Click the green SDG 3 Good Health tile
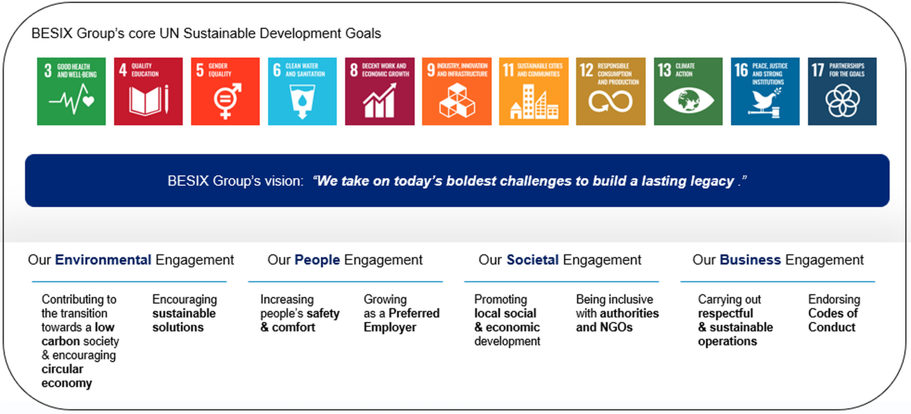(71, 91)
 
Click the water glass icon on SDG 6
(302, 101)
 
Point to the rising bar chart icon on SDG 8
(379, 100)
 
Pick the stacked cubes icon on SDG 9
(457, 100)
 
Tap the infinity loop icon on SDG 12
(610, 101)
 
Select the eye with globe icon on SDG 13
(688, 100)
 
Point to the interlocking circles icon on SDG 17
(842, 100)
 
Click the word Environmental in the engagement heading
(103, 260)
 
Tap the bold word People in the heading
(317, 260)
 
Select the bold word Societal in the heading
(532, 260)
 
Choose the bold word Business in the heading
(750, 260)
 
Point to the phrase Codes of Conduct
(833, 320)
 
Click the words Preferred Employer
(402, 320)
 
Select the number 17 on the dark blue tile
(818, 70)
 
